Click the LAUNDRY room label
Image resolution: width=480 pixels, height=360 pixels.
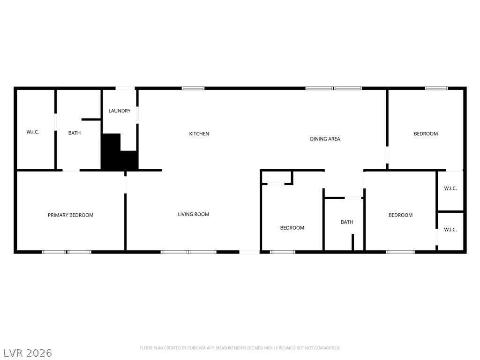point(120,111)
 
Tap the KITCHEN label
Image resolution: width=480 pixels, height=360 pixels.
point(199,134)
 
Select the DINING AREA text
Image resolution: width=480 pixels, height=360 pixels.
point(325,139)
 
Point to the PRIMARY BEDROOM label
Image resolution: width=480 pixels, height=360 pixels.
point(71,215)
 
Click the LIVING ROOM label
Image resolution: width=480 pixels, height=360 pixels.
point(194,214)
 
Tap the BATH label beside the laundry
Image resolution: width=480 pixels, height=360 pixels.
point(75,133)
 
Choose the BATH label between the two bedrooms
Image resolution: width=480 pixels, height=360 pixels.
point(347,222)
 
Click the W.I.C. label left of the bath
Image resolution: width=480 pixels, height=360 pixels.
point(33,132)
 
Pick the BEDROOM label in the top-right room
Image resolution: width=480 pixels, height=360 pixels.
point(426,134)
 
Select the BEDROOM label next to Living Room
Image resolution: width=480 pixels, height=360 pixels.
point(292,228)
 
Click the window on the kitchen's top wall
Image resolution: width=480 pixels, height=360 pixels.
point(193,88)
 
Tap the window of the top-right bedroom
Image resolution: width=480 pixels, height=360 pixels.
point(436,88)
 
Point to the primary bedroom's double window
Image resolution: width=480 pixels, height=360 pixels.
point(67,252)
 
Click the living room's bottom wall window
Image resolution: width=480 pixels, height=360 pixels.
point(188,252)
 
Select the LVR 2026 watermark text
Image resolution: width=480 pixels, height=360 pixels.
point(28,352)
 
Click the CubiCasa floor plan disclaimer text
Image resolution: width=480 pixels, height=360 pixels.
point(240,348)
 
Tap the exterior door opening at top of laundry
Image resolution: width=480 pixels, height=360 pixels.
point(125,88)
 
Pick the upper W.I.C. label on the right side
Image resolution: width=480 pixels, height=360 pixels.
point(450,188)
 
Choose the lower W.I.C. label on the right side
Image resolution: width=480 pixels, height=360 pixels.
point(450,230)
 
